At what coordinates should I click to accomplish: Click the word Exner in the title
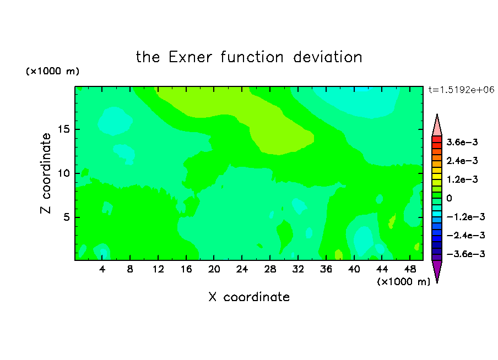tap(190, 57)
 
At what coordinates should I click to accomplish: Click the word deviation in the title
tap(327, 57)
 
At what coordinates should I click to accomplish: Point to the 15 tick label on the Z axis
tap(63, 129)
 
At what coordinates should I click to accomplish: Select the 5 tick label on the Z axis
tap(66, 217)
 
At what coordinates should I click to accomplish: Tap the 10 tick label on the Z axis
tap(63, 173)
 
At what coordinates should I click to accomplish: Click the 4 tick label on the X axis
tap(102, 269)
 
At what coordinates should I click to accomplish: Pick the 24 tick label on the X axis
tap(242, 269)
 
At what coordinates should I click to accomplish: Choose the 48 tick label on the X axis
tap(410, 269)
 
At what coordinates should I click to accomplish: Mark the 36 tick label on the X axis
tap(326, 269)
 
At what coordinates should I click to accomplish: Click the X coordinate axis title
tap(249, 297)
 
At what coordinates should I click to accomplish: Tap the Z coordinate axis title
tap(46, 173)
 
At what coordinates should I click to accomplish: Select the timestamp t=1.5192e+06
tap(461, 90)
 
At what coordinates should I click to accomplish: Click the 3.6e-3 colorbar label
tap(462, 142)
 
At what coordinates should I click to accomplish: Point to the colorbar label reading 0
tap(449, 198)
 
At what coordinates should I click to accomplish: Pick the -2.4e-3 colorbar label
tap(465, 235)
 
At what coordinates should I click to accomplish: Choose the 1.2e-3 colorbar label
tap(462, 179)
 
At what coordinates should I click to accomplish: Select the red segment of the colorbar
tap(437, 139)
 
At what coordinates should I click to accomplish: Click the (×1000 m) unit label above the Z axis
tap(52, 71)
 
